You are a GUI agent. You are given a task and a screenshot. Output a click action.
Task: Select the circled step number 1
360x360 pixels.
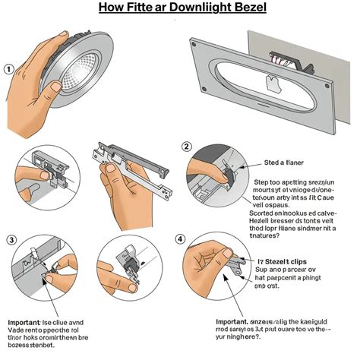click(x=9, y=69)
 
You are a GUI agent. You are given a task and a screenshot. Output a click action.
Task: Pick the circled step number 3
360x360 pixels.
click(x=11, y=240)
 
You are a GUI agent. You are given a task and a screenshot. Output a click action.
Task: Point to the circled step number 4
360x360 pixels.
click(x=181, y=239)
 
